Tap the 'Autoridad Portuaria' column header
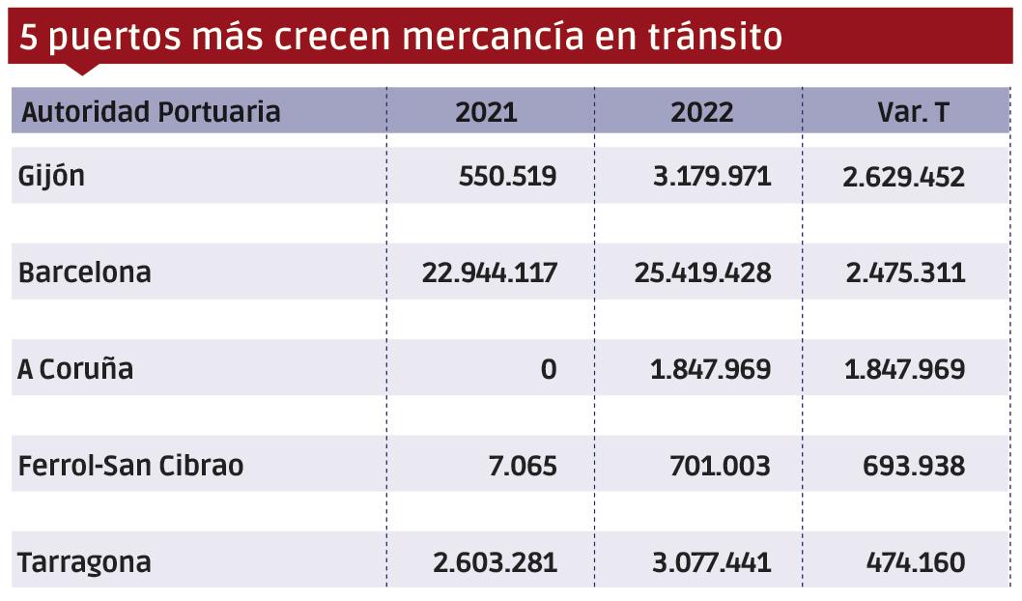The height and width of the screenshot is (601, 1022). click(x=151, y=112)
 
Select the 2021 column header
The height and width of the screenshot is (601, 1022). click(x=487, y=112)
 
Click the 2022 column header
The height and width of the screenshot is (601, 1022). click(x=702, y=112)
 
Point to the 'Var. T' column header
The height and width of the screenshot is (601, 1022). click(x=913, y=112)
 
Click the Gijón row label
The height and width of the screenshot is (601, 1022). click(x=52, y=177)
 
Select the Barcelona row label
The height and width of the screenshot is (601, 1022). click(x=85, y=272)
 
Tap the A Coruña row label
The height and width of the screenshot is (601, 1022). click(x=75, y=369)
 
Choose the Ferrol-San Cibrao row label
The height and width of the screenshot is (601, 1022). click(x=131, y=466)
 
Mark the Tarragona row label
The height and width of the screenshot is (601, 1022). click(x=85, y=562)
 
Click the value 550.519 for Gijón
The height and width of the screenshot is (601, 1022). click(x=508, y=177)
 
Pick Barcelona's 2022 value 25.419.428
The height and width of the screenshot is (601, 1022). click(x=703, y=272)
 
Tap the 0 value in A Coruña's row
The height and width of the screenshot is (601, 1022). click(x=549, y=369)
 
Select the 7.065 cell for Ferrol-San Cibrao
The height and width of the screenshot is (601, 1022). click(x=522, y=466)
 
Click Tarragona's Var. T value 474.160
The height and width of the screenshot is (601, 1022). click(x=913, y=562)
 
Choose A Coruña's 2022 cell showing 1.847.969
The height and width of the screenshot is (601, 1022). click(x=711, y=369)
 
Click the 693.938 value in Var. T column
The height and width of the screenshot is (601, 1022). click(x=913, y=466)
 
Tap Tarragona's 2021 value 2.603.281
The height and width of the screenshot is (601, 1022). click(x=490, y=562)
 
